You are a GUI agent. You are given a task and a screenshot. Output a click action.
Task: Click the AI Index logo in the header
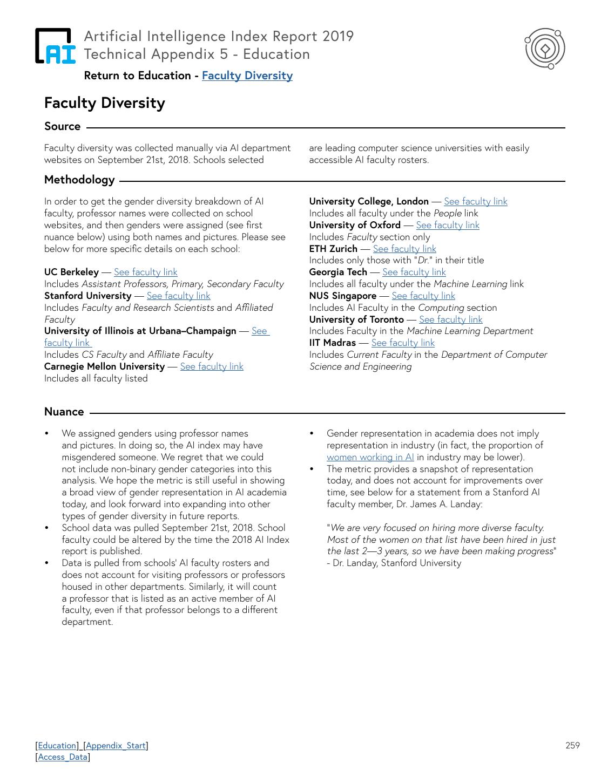point(55,46)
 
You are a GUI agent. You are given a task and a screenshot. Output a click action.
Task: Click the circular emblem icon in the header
point(545,49)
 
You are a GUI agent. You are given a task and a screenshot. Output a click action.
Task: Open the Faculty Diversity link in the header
point(247,76)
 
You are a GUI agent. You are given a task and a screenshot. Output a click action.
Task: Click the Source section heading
point(62,126)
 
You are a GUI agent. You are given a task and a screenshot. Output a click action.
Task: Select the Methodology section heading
point(79,180)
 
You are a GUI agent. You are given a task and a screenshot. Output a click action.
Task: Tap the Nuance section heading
point(64,412)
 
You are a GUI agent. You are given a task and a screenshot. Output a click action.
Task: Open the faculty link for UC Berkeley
point(145,272)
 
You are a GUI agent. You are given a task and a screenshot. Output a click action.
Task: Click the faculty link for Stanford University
point(178,296)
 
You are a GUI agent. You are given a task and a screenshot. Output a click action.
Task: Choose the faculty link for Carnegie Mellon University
point(212,366)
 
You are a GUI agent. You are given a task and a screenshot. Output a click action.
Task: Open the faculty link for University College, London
point(475,201)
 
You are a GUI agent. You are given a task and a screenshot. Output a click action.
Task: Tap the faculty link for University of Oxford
point(448,225)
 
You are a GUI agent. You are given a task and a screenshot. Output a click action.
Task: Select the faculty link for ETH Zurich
point(404,249)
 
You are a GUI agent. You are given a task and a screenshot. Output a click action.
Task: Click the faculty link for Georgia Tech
point(414,272)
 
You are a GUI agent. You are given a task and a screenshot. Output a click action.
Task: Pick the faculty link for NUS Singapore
point(423,296)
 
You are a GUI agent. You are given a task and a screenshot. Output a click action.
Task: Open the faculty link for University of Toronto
point(450,319)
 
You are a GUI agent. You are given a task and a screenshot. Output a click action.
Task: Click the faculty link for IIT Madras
point(403,343)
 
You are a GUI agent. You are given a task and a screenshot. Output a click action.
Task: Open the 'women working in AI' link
point(370,457)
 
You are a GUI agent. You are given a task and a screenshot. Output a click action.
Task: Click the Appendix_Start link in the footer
point(116,746)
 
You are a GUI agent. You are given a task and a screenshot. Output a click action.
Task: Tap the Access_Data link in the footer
point(63,757)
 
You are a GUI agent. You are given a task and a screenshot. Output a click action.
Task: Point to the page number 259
point(572,746)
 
